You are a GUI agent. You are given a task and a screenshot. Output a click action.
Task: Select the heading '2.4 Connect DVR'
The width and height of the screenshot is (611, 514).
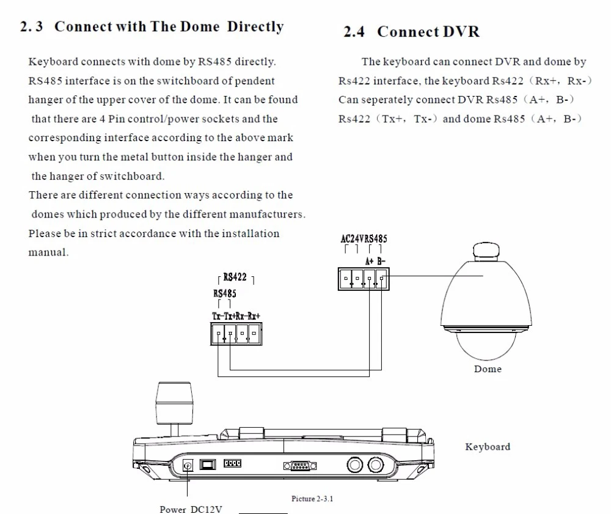click(x=411, y=32)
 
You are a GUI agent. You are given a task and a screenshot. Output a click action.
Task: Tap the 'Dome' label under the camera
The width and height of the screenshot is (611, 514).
click(x=488, y=369)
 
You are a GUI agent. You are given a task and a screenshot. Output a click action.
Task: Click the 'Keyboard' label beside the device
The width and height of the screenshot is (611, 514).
click(x=487, y=447)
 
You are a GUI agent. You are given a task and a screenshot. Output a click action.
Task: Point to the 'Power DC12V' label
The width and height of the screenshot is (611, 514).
click(x=191, y=509)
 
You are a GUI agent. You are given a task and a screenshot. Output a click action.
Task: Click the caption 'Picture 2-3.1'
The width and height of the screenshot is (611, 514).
click(x=312, y=499)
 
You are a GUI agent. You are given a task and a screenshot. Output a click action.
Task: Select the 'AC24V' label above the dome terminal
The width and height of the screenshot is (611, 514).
click(x=352, y=239)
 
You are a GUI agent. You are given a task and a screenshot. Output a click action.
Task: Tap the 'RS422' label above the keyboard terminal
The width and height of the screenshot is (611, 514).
click(x=235, y=277)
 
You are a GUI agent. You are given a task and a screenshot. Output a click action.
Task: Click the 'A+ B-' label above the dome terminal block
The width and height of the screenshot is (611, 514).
click(x=375, y=261)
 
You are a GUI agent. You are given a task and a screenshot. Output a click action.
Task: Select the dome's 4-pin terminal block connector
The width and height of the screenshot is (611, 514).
click(x=363, y=279)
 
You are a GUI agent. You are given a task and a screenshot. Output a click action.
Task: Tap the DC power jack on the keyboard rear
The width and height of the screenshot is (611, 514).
click(x=188, y=466)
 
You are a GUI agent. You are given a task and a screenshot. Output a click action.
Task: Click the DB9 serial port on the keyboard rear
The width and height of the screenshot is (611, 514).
click(x=300, y=467)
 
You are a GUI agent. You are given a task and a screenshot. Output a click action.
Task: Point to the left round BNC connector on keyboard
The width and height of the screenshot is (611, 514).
click(x=355, y=466)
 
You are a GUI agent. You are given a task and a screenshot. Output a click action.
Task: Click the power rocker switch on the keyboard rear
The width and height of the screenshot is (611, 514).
click(x=209, y=465)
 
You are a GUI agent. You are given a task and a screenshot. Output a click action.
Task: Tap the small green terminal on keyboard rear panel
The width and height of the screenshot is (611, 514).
click(x=232, y=464)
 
